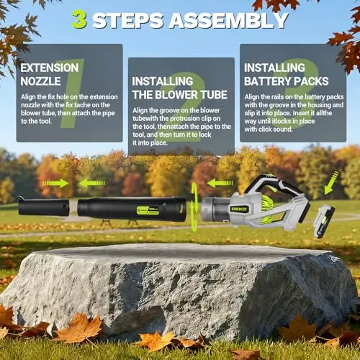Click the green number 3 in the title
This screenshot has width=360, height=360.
coord(80,20)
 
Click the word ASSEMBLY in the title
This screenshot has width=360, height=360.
coord(229,20)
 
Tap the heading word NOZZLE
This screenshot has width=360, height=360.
coord(40,81)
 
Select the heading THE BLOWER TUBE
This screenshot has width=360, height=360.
coord(180,94)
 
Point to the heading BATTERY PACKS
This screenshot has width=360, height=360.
coord(287,81)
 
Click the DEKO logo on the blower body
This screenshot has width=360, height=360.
coord(238,209)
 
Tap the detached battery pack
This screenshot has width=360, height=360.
coord(324,222)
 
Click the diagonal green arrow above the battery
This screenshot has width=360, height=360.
coord(331,184)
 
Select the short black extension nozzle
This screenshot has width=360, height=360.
coord(43,206)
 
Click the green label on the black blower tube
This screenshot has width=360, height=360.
coord(148,210)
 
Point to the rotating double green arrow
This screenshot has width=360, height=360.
coord(194,207)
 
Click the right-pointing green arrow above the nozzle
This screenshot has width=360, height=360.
coord(55,184)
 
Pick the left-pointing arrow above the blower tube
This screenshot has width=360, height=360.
coord(92,184)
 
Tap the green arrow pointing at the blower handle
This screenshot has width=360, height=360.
coord(220,184)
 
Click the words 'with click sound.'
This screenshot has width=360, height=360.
coord(269,130)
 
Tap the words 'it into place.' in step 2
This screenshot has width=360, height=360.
coord(150,143)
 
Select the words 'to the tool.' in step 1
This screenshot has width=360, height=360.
coord(36,121)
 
